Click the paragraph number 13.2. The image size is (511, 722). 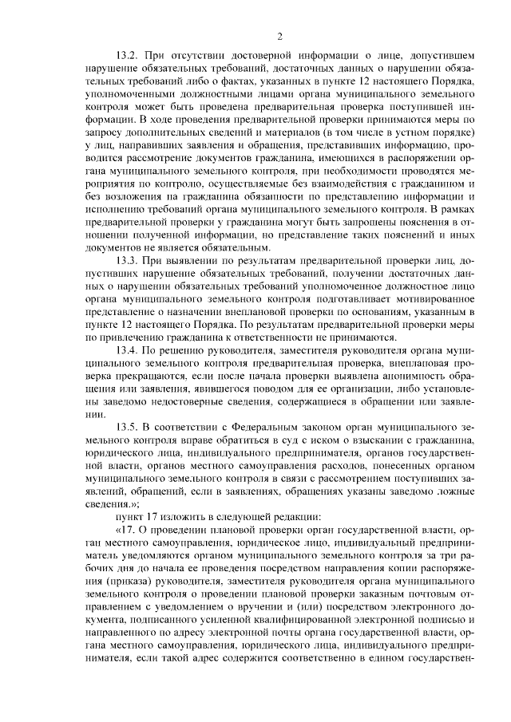128,57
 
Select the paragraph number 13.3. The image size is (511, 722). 128,261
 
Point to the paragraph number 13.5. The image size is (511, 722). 128,427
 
